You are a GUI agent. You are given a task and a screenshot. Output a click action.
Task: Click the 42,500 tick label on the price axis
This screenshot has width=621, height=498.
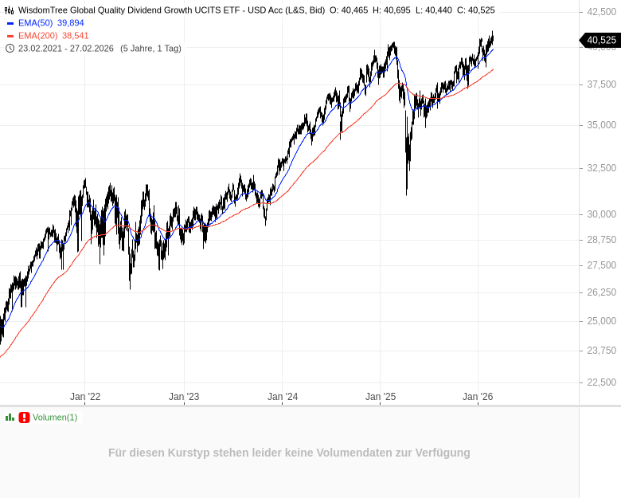point(601,12)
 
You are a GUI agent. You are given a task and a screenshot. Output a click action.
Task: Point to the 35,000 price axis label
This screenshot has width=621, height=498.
point(601,125)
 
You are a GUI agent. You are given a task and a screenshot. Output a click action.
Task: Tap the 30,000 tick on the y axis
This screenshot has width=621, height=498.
point(601,214)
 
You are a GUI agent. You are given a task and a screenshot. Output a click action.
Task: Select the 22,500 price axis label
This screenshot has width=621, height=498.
point(601,382)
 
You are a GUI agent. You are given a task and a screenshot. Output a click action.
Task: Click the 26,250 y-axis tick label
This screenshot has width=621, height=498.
point(601,292)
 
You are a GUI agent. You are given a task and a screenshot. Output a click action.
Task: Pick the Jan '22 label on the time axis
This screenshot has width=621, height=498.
point(85,397)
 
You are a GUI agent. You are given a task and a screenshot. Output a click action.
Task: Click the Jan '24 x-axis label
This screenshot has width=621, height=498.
point(283,397)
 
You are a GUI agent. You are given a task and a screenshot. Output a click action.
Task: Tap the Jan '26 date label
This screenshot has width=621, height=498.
point(478,397)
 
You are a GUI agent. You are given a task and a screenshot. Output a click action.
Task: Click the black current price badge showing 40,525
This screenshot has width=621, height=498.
point(601,40)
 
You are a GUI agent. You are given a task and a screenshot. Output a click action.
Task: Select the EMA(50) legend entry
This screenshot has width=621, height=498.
point(35,23)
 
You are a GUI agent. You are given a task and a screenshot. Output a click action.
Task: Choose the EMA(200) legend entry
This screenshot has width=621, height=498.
point(37,36)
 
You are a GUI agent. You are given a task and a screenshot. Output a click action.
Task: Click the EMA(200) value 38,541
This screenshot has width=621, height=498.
point(76,36)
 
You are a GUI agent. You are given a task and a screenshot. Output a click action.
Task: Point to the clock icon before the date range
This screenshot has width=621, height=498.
point(10,48)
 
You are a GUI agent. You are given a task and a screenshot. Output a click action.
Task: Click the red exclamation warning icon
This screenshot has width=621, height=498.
point(24,418)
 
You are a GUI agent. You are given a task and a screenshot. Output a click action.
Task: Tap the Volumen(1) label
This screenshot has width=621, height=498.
point(55,418)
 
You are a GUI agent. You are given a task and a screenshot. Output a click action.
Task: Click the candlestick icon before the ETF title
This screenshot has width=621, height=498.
point(10,10)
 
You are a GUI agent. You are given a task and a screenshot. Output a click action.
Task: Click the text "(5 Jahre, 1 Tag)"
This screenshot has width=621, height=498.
point(150,48)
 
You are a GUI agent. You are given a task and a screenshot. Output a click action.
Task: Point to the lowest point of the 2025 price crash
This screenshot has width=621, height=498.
point(407,194)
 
